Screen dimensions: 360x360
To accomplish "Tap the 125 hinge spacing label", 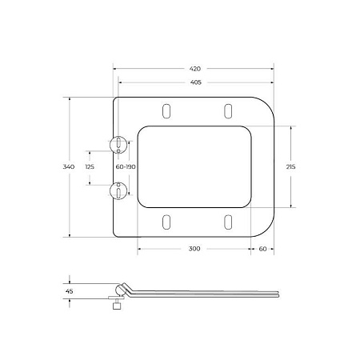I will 90,166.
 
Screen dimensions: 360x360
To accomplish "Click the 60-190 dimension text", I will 125,166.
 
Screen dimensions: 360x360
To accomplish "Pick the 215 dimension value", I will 290,166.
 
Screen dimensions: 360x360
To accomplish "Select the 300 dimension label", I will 194,249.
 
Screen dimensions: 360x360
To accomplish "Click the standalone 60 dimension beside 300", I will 262,249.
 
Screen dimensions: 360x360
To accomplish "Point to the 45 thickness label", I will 69,291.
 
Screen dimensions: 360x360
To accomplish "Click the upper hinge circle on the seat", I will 118,144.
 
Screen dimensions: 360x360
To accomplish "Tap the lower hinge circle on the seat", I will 118,190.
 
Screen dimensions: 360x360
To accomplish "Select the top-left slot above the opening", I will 166,110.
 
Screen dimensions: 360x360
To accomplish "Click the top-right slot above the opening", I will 227,110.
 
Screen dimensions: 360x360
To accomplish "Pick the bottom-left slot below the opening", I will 166,222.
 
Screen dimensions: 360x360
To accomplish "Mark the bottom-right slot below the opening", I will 227,222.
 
